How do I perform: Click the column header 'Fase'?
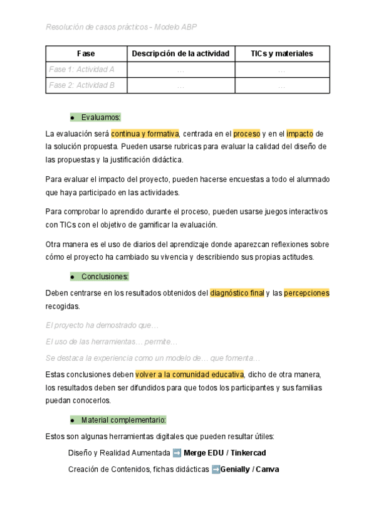click(x=86, y=54)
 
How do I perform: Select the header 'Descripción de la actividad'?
click(x=180, y=54)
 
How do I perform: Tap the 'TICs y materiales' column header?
click(x=281, y=54)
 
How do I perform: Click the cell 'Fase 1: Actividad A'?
click(x=81, y=70)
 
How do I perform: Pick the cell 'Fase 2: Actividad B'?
click(x=81, y=85)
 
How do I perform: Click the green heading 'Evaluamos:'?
click(x=101, y=117)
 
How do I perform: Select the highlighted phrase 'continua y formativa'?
click(x=145, y=134)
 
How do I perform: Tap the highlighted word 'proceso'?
click(x=246, y=134)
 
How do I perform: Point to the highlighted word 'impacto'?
click(x=300, y=134)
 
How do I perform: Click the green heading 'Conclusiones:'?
click(x=105, y=276)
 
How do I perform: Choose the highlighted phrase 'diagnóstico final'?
click(x=237, y=293)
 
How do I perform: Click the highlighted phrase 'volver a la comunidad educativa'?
click(x=189, y=375)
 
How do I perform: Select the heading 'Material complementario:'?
click(x=123, y=420)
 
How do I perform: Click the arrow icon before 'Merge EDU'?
click(x=177, y=453)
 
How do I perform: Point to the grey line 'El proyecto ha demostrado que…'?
click(x=102, y=326)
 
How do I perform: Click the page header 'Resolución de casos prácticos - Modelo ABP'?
click(x=122, y=27)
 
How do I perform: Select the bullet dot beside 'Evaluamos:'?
click(x=73, y=118)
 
